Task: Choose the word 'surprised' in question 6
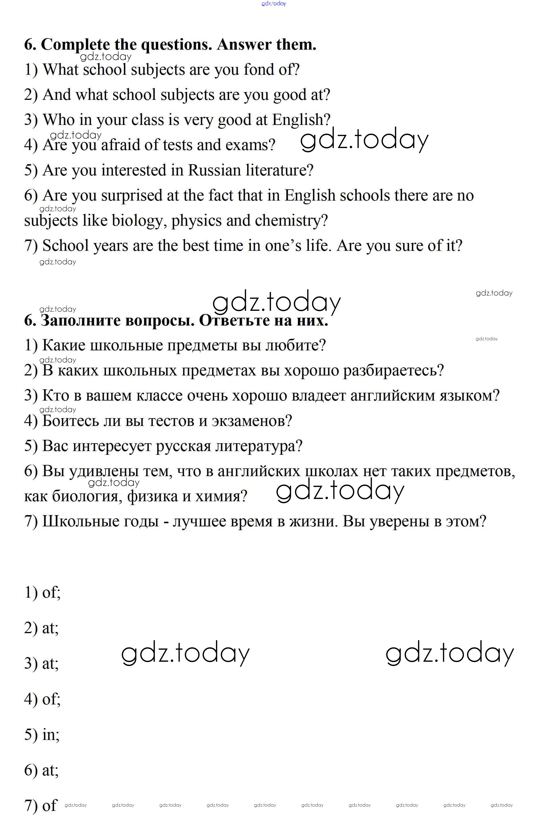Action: [131, 196]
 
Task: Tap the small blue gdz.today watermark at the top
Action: [274, 3]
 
